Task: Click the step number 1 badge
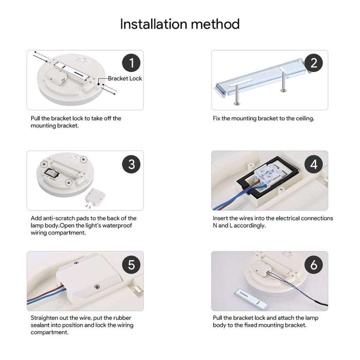click(131, 63)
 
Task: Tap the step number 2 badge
click(313, 63)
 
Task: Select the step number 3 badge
click(131, 164)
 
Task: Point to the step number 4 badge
click(313, 164)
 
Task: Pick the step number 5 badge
click(131, 265)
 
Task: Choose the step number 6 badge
click(313, 265)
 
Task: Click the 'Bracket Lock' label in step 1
click(124, 78)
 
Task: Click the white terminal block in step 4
click(270, 176)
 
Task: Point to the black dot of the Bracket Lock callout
click(99, 84)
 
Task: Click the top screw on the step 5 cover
click(75, 262)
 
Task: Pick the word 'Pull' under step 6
click(217, 318)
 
